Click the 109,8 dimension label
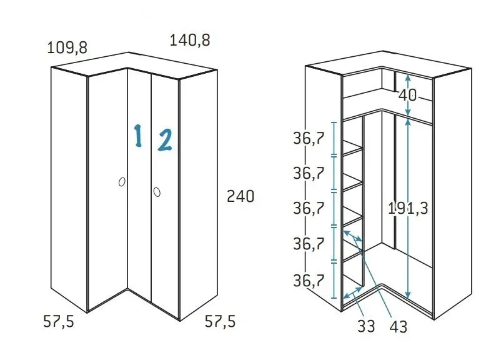[67, 47]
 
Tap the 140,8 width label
[190, 41]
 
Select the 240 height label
[241, 196]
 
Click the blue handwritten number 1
[138, 136]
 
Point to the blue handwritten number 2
[165, 140]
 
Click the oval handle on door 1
[122, 182]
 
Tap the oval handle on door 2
[157, 191]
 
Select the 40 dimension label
[407, 96]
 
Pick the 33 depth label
[367, 326]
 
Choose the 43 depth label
[398, 326]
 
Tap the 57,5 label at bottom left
[60, 322]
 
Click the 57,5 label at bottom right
[221, 322]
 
